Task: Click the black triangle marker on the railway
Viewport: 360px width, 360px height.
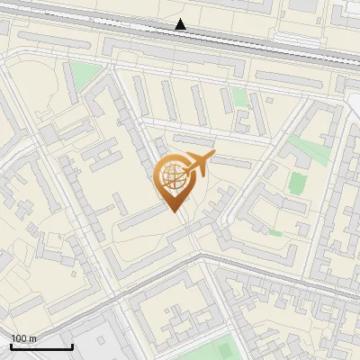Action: click(x=181, y=25)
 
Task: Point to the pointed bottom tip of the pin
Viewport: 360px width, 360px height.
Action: click(x=173, y=211)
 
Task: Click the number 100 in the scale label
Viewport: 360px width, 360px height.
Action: click(x=20, y=338)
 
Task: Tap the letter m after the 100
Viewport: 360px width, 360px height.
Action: click(x=33, y=338)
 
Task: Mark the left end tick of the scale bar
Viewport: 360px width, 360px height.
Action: click(x=11, y=346)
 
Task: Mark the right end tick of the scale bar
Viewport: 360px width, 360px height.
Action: click(x=73, y=346)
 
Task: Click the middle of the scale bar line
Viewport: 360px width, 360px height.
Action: click(x=41, y=347)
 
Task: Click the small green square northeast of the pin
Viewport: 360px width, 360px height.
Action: click(x=239, y=96)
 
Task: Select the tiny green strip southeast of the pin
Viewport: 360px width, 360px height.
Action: click(x=275, y=234)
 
